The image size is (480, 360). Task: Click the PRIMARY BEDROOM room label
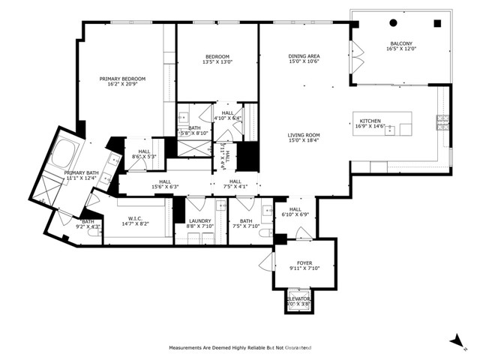tap(122, 79)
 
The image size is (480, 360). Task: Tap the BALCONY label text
tap(400, 43)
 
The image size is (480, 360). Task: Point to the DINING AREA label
tap(304, 56)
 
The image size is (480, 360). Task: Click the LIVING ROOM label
tap(304, 136)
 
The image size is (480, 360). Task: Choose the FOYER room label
tap(298, 262)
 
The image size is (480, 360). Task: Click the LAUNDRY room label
tap(199, 220)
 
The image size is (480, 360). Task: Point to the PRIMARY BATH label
tap(80, 174)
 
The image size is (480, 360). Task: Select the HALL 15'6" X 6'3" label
tap(164, 184)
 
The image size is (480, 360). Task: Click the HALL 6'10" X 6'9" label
tap(295, 211)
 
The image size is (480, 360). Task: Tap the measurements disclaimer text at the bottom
tap(239, 348)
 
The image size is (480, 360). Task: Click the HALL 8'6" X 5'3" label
tap(143, 154)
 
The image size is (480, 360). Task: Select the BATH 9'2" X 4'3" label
tap(88, 223)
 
